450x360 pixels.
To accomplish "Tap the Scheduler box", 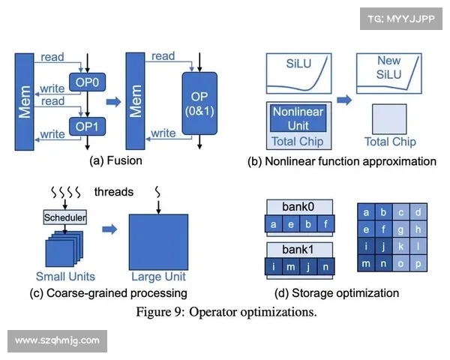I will click(x=64, y=217).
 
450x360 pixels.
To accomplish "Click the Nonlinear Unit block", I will click(x=298, y=118).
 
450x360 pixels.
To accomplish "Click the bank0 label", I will click(x=298, y=206).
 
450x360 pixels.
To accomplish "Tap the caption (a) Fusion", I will click(x=115, y=160).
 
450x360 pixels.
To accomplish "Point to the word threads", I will click(x=114, y=192).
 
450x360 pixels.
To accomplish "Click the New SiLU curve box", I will click(x=388, y=74).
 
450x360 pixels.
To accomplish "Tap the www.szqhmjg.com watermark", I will click(x=57, y=340).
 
